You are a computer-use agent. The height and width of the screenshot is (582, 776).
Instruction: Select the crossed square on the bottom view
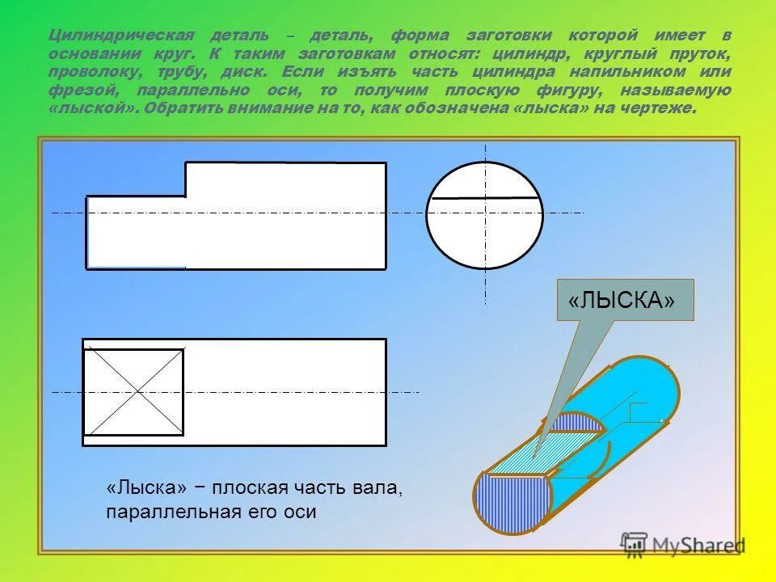click(134, 392)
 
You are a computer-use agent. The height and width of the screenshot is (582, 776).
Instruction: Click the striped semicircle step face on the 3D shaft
click(572, 424)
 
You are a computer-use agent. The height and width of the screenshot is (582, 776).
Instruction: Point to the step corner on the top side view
click(186, 196)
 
